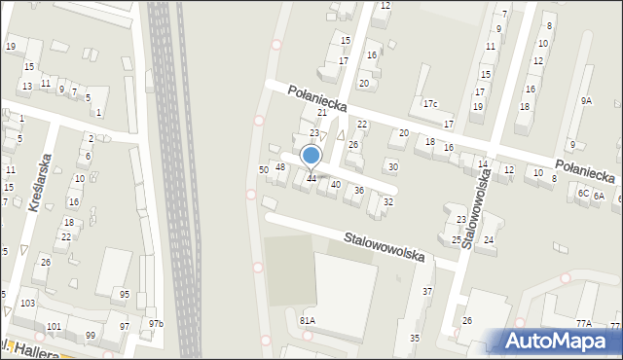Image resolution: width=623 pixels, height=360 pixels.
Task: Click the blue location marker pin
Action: pyautogui.click(x=311, y=157)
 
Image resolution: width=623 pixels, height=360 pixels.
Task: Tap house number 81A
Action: pyautogui.click(x=308, y=320)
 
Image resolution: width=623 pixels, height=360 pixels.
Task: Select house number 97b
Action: pyautogui.click(x=156, y=324)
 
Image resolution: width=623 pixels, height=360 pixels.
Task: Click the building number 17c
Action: pyautogui.click(x=430, y=104)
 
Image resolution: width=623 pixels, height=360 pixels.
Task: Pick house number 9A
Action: pyautogui.click(x=586, y=100)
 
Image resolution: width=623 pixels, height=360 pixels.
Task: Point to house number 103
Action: pyautogui.click(x=27, y=304)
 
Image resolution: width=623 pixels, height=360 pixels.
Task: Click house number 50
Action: pyautogui.click(x=263, y=170)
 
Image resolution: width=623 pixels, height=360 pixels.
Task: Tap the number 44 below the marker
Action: pyautogui.click(x=311, y=178)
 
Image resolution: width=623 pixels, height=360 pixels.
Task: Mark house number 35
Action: pyautogui.click(x=415, y=338)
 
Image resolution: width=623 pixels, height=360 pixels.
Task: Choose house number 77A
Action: pyautogui.click(x=583, y=323)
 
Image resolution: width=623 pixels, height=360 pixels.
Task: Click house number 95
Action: pyautogui.click(x=124, y=294)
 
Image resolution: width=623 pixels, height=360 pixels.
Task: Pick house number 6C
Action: pyautogui.click(x=582, y=194)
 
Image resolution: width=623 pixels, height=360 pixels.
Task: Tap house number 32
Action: pyautogui.click(x=387, y=201)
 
